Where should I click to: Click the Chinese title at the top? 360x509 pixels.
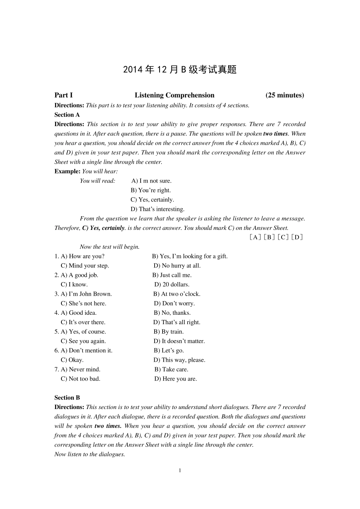(x=180, y=70)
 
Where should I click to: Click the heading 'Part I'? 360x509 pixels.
(x=63, y=95)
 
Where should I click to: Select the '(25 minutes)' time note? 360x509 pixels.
(x=285, y=95)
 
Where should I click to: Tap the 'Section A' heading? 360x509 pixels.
(x=67, y=115)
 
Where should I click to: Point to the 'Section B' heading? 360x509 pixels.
(x=67, y=398)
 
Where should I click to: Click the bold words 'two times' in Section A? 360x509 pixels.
(x=275, y=134)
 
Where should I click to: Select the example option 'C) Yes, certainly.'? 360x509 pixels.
(x=152, y=200)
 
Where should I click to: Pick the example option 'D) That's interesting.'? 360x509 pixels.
(x=158, y=209)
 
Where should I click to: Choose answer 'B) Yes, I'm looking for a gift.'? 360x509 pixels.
(x=190, y=256)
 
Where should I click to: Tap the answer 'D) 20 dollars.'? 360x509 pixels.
(x=172, y=284)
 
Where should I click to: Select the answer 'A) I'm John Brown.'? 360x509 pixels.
(x=86, y=294)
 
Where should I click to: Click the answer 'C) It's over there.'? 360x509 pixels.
(x=83, y=322)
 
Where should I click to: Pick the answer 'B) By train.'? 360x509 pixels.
(x=169, y=332)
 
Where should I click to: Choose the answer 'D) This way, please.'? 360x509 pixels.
(x=179, y=360)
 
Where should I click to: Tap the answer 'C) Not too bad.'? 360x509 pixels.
(x=80, y=379)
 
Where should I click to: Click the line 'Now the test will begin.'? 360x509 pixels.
(x=110, y=247)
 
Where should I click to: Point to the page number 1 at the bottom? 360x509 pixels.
(x=180, y=470)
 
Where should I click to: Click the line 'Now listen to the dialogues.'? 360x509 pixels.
(x=89, y=454)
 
